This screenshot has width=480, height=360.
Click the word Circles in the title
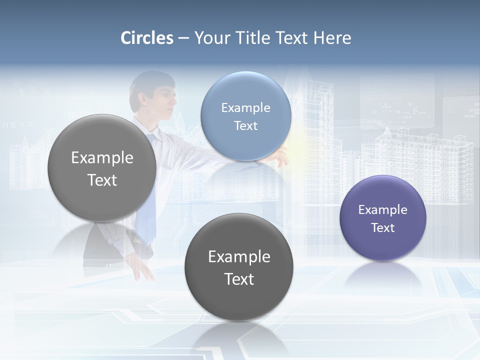(x=147, y=38)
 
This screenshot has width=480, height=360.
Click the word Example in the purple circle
(x=382, y=210)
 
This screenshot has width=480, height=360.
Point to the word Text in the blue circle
(x=245, y=126)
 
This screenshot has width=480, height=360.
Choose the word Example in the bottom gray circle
(x=239, y=256)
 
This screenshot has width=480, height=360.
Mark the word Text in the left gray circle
(x=102, y=180)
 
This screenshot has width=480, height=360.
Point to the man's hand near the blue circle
(x=280, y=158)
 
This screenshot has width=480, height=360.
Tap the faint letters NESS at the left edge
(x=18, y=124)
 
